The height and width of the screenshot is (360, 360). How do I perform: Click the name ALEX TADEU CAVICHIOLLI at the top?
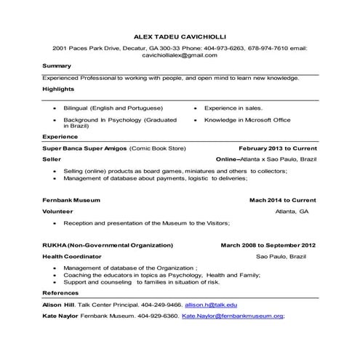coord(180,35)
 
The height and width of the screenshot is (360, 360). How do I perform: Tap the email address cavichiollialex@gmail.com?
coord(180,55)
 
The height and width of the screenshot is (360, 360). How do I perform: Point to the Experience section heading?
coord(60,136)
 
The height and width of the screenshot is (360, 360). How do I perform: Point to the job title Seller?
coord(52,158)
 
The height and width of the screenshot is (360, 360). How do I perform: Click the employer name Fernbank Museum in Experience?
coord(71,199)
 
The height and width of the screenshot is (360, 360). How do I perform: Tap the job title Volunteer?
coord(57,211)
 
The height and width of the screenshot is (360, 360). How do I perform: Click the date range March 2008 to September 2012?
coord(268,245)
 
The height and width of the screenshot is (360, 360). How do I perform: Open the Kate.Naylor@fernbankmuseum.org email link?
coord(233,316)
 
